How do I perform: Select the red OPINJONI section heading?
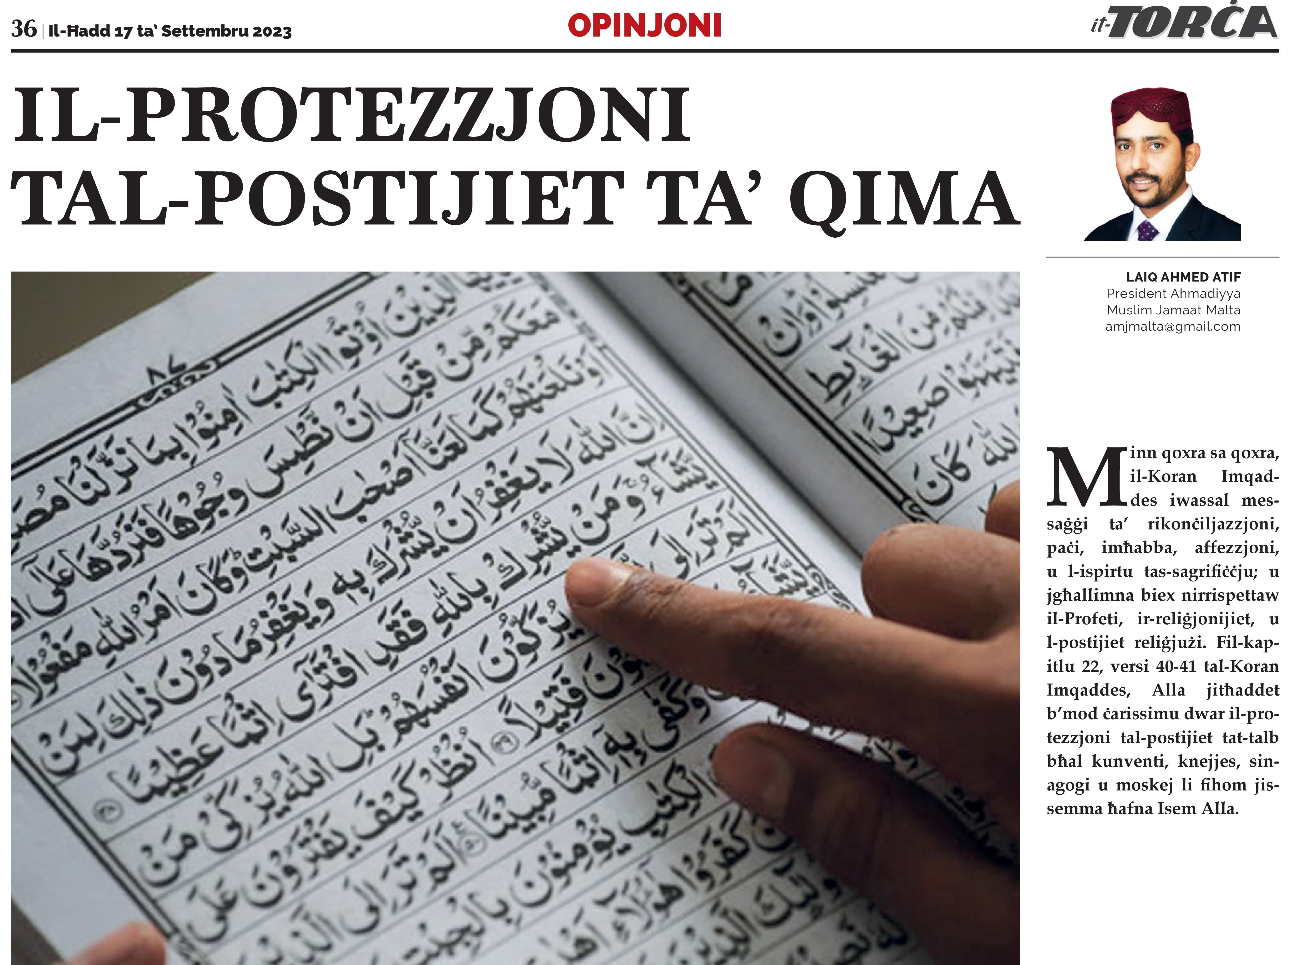coord(644,26)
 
